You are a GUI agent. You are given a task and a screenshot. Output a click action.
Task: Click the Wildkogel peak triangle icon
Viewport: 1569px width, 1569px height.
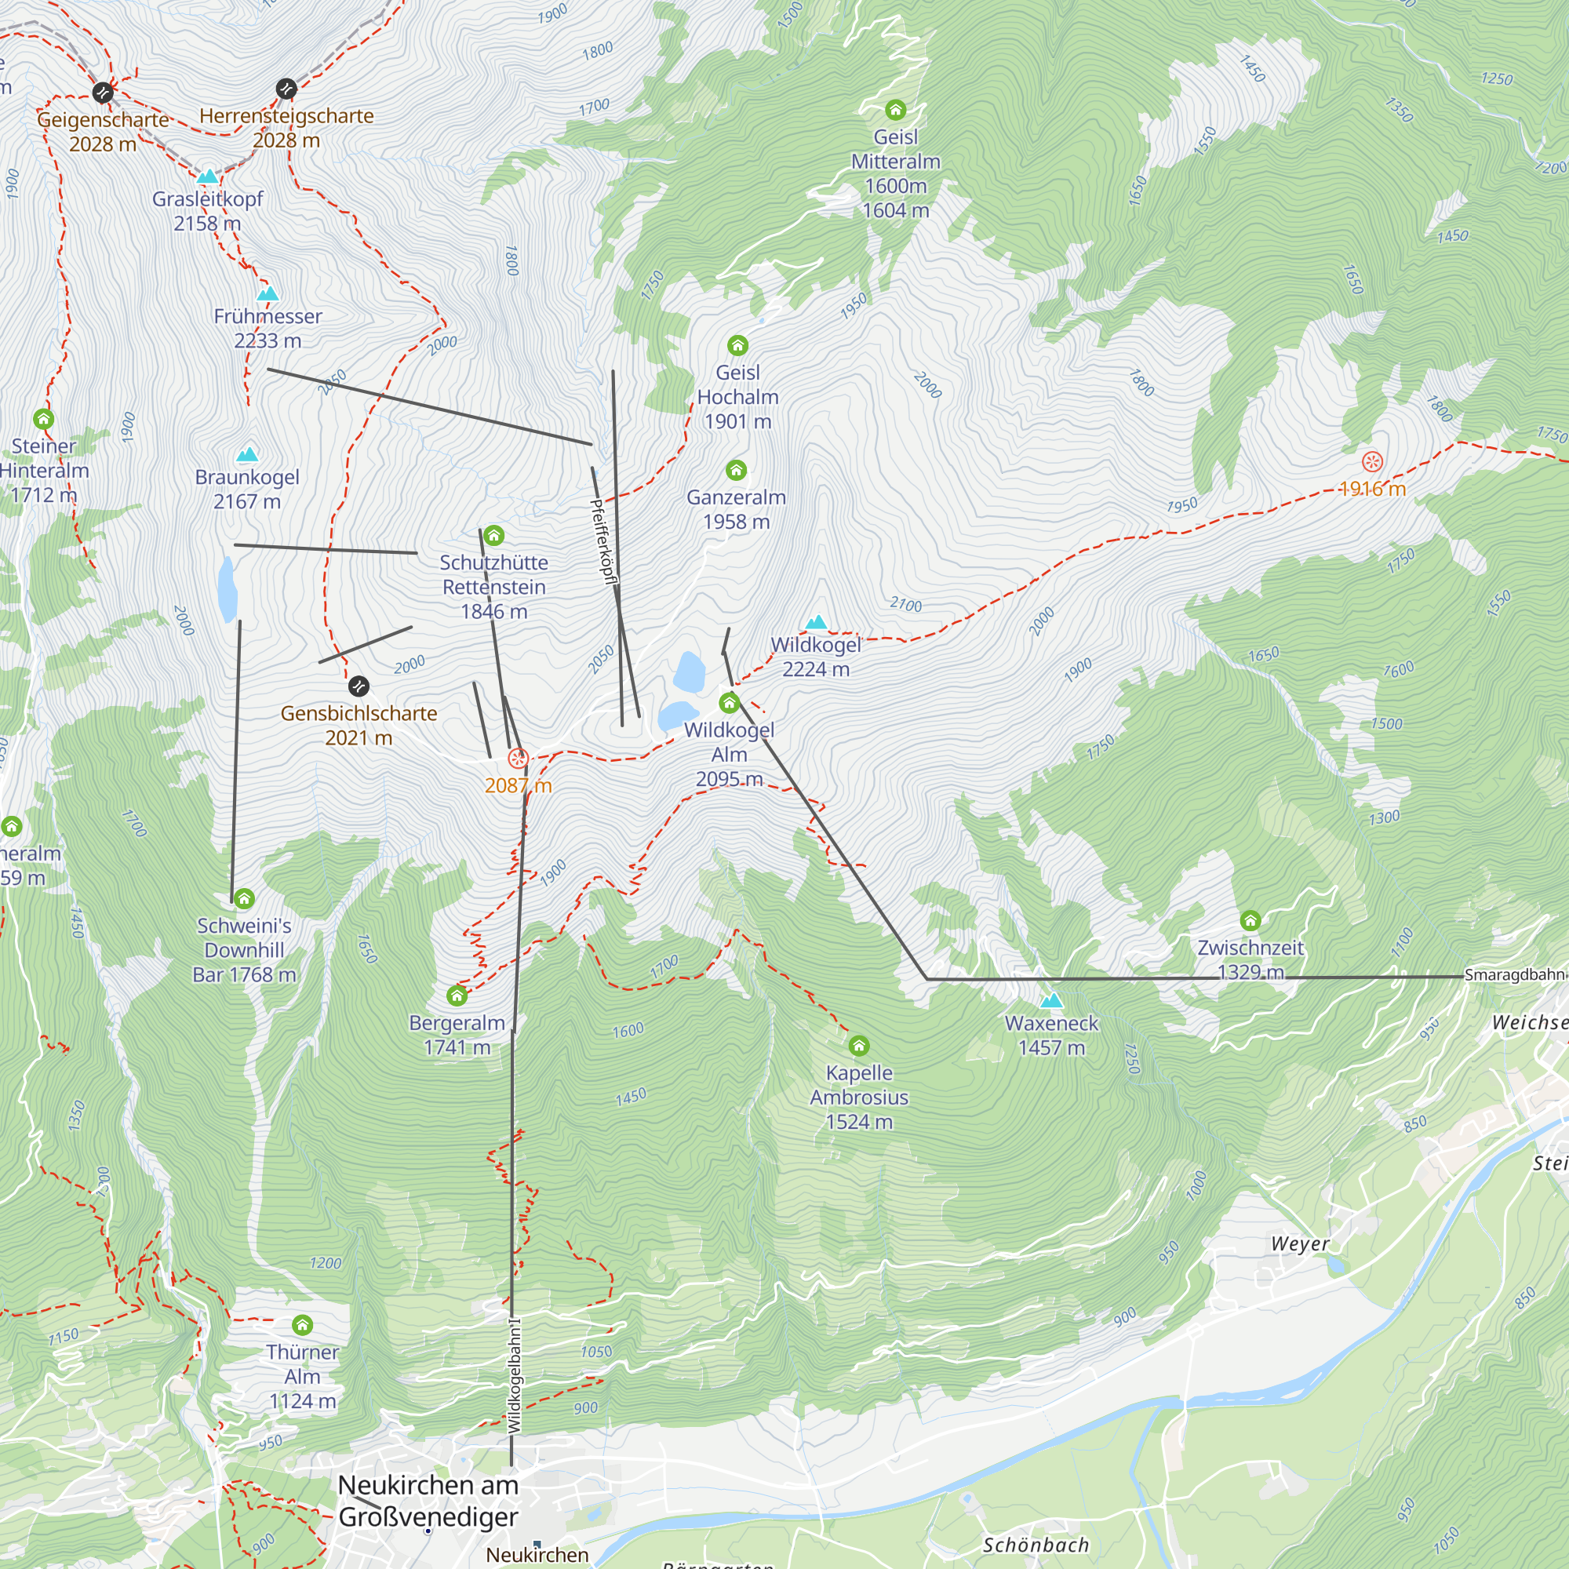816,622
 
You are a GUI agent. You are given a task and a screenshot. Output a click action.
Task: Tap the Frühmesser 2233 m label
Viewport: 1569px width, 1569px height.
268,327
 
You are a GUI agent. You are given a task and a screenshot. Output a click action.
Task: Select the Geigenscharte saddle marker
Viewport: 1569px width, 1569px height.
102,93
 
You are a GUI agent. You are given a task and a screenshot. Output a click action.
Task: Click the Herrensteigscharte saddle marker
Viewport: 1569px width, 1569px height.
286,89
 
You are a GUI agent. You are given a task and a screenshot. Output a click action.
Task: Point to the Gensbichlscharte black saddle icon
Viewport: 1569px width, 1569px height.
359,686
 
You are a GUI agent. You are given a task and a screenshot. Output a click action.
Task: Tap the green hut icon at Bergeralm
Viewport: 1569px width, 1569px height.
457,995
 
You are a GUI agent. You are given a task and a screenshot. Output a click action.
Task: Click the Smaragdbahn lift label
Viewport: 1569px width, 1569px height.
1514,974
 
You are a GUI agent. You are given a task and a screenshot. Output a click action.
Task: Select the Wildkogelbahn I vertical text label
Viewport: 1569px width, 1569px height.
515,1376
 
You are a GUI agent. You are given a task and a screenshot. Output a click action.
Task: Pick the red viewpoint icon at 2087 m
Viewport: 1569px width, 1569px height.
517,759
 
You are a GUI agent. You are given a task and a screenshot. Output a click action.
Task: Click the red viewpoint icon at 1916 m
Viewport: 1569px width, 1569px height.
1371,462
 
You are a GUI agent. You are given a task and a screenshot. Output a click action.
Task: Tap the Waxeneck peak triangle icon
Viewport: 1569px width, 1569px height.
1051,999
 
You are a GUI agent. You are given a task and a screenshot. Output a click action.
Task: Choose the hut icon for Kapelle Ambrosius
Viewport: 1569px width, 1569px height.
858,1045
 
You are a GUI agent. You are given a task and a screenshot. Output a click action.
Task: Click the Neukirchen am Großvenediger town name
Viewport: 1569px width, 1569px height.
428,1500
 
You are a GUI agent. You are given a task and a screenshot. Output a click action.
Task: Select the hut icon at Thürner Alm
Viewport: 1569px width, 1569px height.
302,1325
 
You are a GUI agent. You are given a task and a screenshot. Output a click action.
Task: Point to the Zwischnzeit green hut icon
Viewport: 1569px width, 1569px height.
1250,920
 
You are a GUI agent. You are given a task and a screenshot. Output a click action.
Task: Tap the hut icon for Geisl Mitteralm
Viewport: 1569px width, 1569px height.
895,110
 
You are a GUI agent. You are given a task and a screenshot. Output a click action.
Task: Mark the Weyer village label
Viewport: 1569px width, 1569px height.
1299,1243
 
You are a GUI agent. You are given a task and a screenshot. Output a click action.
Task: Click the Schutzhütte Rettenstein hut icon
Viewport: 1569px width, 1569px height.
493,535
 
